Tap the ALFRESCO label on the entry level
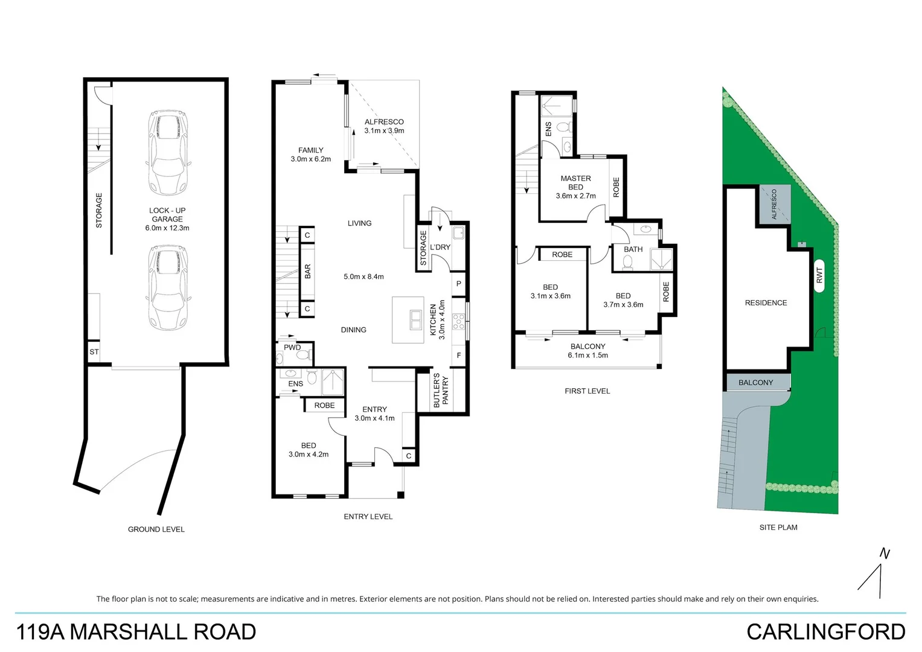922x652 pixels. point(384,122)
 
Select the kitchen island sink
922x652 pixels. point(416,319)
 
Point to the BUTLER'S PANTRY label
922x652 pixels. point(441,391)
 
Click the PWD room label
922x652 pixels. point(292,347)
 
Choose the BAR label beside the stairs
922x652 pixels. point(307,272)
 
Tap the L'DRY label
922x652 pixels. point(440,247)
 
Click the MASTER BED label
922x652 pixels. point(575,182)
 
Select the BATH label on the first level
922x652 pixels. point(633,249)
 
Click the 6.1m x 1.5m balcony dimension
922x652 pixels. point(587,356)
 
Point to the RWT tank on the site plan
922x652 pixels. point(819,275)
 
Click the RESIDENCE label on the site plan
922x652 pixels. point(766,303)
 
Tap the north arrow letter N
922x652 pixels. point(885,553)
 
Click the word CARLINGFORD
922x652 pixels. point(825,632)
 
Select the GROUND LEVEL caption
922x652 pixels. point(156,529)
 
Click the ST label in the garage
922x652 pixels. point(94,352)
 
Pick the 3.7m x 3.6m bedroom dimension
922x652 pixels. point(623,305)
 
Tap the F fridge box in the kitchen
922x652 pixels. point(459,356)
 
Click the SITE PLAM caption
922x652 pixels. point(778,528)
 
